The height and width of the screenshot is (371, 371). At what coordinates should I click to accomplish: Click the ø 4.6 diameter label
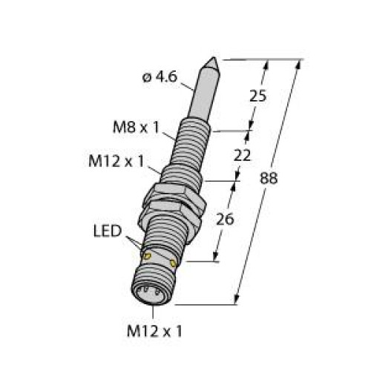click(160, 77)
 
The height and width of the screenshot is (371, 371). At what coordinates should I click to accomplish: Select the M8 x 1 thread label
click(136, 128)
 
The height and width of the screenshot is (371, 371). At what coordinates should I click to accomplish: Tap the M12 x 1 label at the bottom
click(154, 331)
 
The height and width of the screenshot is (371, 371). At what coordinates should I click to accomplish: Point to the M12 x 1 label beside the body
click(116, 162)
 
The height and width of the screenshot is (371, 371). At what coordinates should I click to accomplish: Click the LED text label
click(108, 232)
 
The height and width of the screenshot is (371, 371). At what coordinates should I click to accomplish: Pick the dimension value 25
click(258, 96)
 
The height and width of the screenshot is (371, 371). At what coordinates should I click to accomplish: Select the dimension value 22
click(242, 156)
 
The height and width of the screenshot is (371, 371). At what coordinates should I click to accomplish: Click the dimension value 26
click(225, 219)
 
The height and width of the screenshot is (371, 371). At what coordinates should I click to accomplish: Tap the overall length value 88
click(269, 178)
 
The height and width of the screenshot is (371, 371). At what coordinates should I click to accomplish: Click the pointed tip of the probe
click(213, 58)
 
